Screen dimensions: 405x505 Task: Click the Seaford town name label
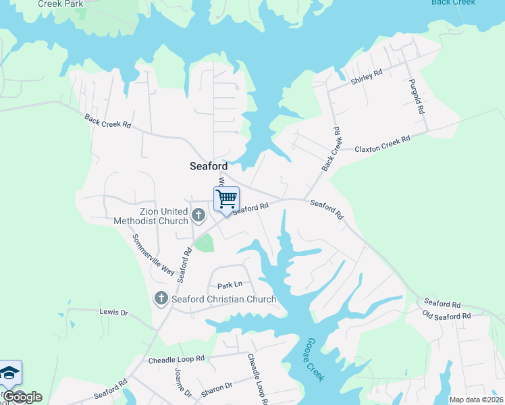pos(208,166)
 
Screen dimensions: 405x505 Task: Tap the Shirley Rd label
pos(366,77)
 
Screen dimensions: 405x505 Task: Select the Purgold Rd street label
pos(417,96)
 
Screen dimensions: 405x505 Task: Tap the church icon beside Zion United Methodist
pos(198,216)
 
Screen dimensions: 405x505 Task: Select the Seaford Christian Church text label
pos(223,299)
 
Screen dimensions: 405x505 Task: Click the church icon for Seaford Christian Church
pos(161,298)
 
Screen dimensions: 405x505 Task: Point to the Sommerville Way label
pos(153,253)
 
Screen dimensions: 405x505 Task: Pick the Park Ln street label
pos(230,286)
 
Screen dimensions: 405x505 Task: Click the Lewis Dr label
pos(113,312)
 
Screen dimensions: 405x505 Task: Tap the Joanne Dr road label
pos(183,384)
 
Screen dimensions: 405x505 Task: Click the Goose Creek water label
pos(315,359)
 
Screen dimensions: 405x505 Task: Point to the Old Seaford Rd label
pos(446,316)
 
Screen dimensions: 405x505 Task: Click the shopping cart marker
pos(226,200)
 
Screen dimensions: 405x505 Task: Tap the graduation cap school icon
pos(9,373)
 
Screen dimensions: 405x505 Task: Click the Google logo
pos(22,397)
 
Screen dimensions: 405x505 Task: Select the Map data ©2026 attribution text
pos(475,400)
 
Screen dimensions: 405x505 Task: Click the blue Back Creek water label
pos(453,2)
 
